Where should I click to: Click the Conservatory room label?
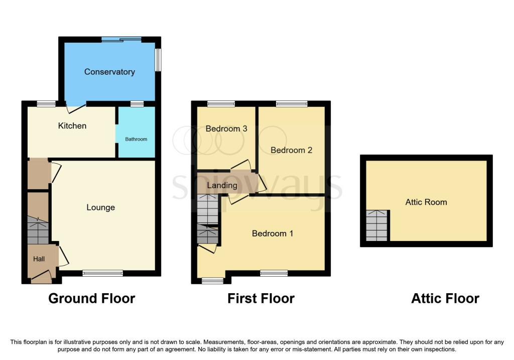[x=109, y=72]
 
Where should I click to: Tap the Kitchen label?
[x=72, y=126]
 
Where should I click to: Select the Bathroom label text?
[x=136, y=139]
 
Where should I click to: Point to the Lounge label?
[x=100, y=207]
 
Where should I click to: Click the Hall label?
[x=39, y=259]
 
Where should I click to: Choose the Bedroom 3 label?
[x=226, y=129]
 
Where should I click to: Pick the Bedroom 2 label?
[x=291, y=150]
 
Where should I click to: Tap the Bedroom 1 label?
[x=273, y=233]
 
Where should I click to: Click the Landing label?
[x=222, y=185]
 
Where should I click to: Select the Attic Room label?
[x=426, y=202]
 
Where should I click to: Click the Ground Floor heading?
[x=91, y=298]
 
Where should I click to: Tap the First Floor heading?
[x=261, y=298]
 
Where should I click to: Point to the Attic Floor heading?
[x=445, y=298]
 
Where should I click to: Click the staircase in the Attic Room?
[x=376, y=226]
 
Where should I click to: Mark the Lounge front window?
[x=102, y=273]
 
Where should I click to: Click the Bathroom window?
[x=137, y=104]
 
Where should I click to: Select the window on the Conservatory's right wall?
[x=158, y=60]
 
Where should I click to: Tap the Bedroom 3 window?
[x=221, y=104]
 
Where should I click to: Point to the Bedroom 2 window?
[x=292, y=104]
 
